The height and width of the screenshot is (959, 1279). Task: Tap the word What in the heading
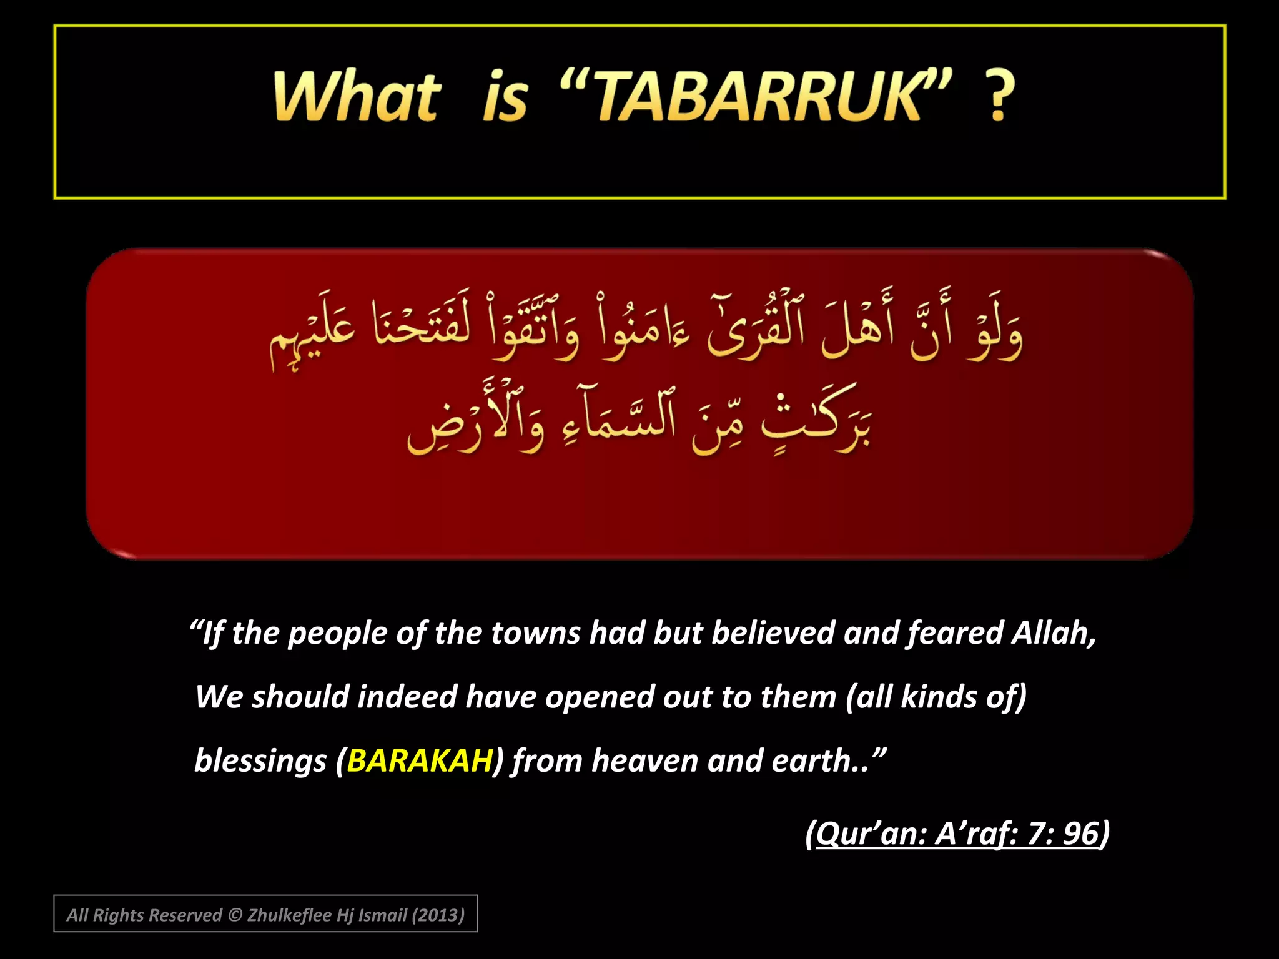(x=357, y=97)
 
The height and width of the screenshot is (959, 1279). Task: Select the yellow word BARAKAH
(x=420, y=761)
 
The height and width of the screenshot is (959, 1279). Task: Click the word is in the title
(x=505, y=97)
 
